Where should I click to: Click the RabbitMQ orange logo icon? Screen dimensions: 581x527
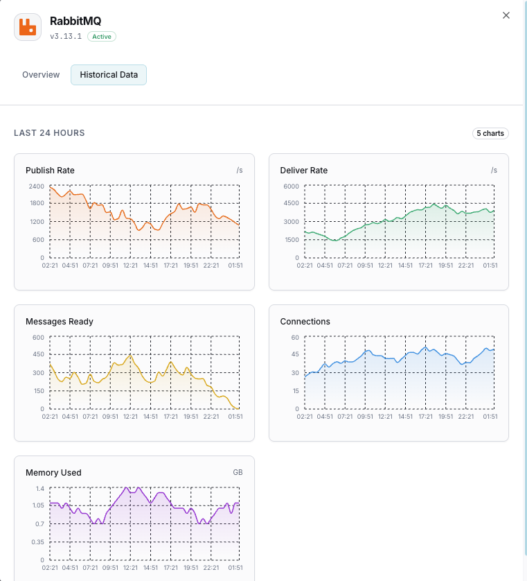(28, 27)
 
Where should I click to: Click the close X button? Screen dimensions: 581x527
(506, 15)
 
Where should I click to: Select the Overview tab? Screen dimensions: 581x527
(41, 75)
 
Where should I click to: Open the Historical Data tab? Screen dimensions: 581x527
(109, 75)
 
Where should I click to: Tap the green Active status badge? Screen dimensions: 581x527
(102, 36)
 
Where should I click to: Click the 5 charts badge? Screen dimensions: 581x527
(490, 133)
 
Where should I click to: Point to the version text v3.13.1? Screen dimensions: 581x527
(66, 36)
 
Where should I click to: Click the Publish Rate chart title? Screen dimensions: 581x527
(50, 171)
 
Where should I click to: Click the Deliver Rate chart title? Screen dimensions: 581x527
(304, 171)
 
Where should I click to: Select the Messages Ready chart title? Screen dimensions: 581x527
(60, 322)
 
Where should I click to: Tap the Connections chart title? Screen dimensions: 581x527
(305, 322)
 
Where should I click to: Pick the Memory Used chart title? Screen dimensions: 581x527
(53, 473)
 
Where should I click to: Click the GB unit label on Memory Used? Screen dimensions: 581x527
(238, 473)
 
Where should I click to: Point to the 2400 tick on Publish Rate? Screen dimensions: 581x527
(37, 187)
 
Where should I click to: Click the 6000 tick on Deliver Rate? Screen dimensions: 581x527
(291, 187)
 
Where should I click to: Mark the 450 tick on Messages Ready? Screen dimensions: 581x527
(38, 355)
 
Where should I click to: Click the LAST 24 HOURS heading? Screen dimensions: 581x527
(49, 133)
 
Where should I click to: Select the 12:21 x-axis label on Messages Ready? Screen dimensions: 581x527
(131, 417)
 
